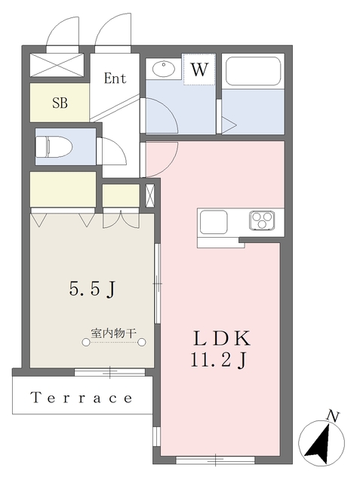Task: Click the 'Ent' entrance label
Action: pyautogui.click(x=115, y=78)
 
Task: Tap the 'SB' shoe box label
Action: pyautogui.click(x=60, y=103)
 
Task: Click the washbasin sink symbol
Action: pyautogui.click(x=162, y=70)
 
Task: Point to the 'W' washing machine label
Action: pyautogui.click(x=198, y=71)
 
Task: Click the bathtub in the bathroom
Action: pyautogui.click(x=253, y=72)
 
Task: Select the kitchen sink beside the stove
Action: pyautogui.click(x=214, y=222)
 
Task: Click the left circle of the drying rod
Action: pyautogui.click(x=87, y=343)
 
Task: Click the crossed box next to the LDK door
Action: pyautogui.click(x=149, y=195)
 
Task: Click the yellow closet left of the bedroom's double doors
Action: pyautogui.click(x=63, y=189)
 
